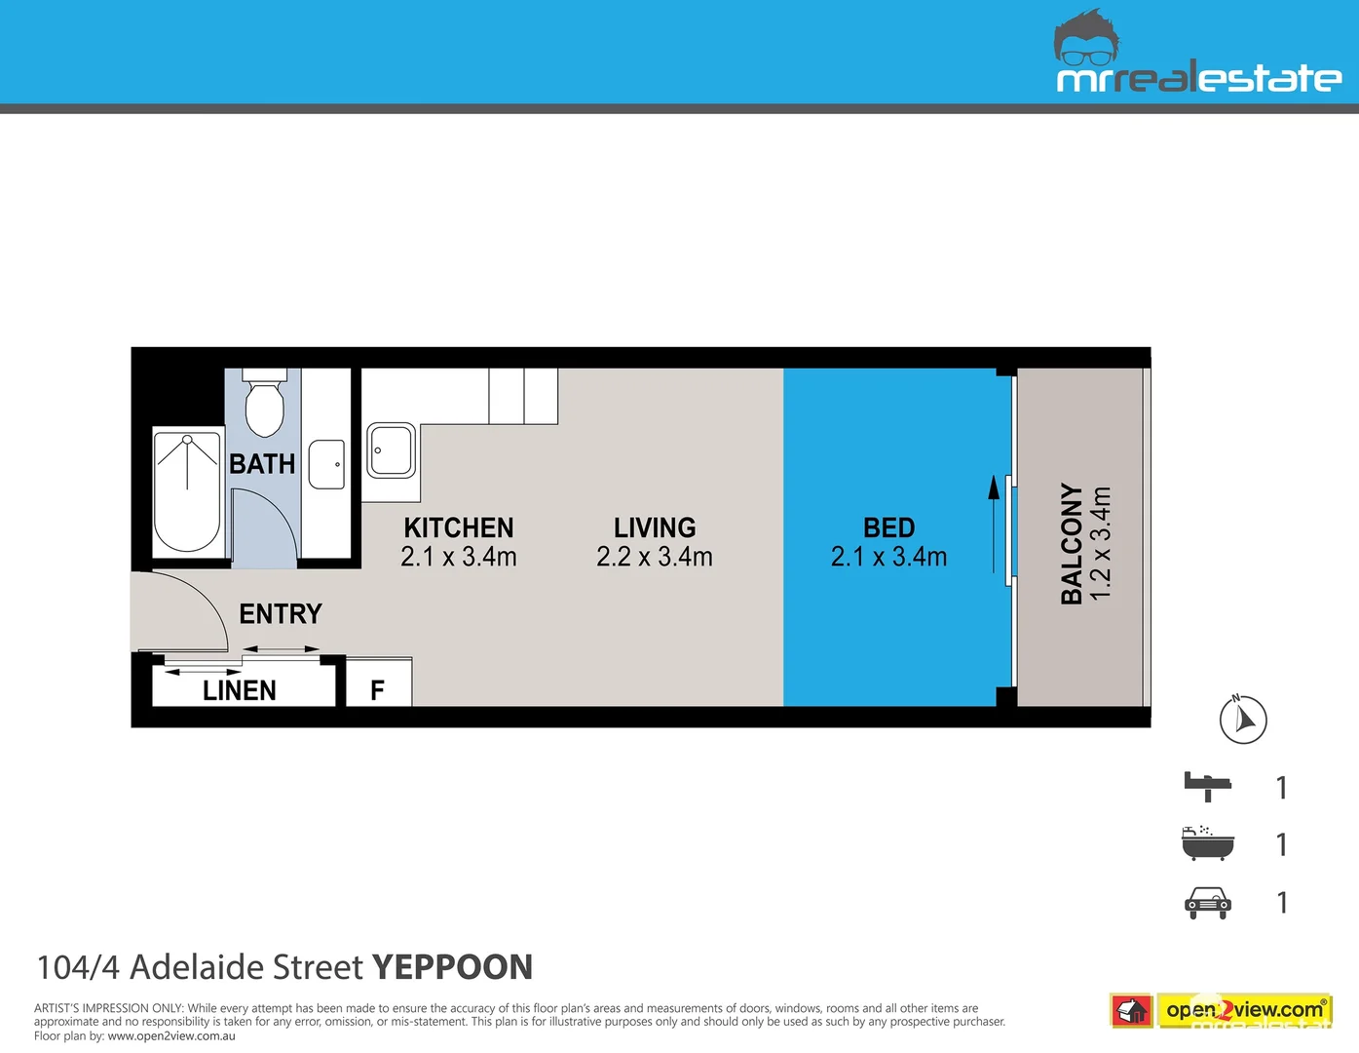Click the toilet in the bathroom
263,405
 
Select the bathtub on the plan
187,492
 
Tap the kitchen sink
392,450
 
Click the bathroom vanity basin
326,464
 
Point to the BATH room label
262,464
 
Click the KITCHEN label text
458,527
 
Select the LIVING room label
655,527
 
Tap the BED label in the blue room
888,527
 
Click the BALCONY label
1072,543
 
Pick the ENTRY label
281,613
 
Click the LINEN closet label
240,690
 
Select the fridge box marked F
378,683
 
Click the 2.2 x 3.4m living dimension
655,557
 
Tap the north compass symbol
1243,721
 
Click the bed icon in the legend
1208,786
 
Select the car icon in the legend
1208,903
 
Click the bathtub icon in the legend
1208,843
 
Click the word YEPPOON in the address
452,967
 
